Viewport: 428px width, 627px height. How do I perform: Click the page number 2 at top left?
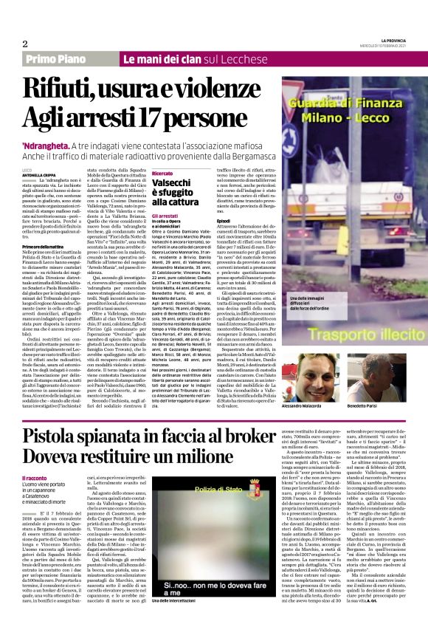24,43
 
